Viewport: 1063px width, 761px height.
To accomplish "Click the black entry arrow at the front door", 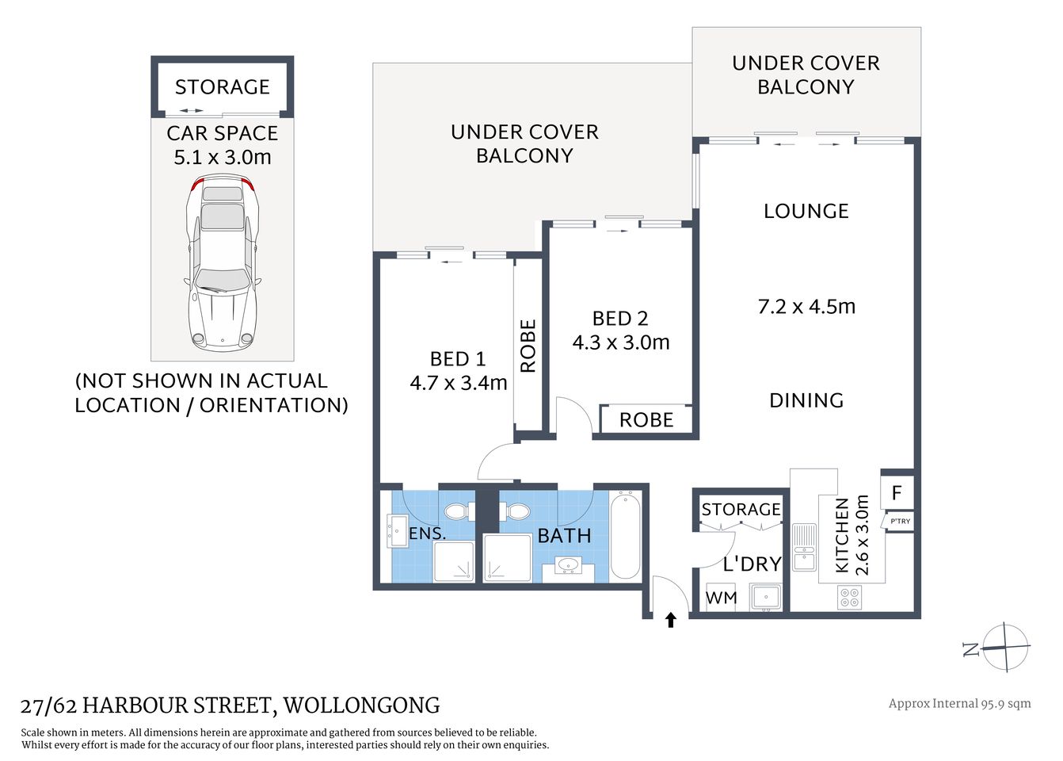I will pos(670,620).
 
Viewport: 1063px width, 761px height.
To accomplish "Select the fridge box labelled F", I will pos(897,492).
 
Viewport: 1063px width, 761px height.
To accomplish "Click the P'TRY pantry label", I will pos(900,521).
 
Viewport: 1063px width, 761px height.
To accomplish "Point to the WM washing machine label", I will pos(721,598).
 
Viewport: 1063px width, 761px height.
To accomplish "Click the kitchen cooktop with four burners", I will pos(849,597).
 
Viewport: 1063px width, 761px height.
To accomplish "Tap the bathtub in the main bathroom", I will pos(625,535).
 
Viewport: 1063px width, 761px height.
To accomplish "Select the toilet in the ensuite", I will pos(457,511).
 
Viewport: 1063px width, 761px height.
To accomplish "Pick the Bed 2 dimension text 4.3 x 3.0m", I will pos(621,342).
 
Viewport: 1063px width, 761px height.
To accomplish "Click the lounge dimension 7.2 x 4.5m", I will pos(806,307).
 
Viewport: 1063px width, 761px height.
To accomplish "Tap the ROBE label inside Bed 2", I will pos(646,420).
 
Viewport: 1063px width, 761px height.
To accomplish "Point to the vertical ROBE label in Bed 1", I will pos(528,346).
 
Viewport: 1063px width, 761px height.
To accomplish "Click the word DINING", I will pos(806,400).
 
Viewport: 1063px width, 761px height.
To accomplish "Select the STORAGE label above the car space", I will pos(223,87).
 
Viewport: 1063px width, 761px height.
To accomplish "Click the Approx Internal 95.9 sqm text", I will pos(959,703).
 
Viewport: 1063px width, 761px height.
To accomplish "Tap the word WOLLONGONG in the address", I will pos(361,705).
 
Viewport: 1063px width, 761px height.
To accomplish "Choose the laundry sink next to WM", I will pos(766,596).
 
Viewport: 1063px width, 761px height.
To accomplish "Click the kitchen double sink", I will pos(804,547).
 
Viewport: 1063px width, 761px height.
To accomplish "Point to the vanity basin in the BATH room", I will pos(567,565).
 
